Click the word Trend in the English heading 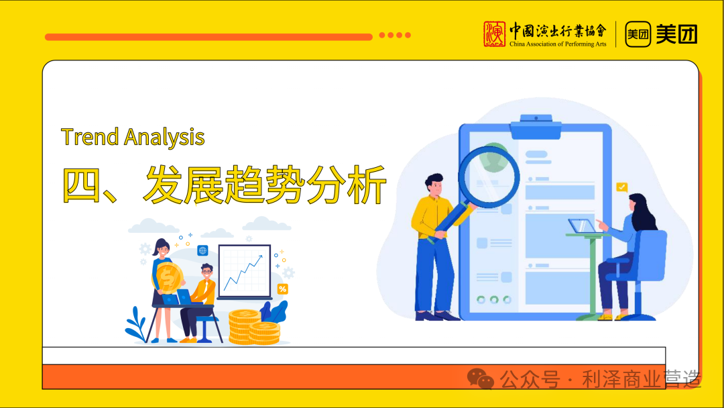coord(90,137)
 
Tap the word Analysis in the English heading coord(164,138)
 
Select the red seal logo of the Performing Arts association coord(495,34)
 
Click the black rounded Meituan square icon coord(638,34)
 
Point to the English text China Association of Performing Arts coord(557,44)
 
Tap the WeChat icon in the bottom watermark coord(481,379)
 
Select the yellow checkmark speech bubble coord(622,187)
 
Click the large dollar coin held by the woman coord(168,276)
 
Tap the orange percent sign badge coord(282,289)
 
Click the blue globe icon coord(202,250)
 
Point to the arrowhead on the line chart coord(260,256)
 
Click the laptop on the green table coord(580,226)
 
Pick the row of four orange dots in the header coord(395,36)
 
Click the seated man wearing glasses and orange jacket coord(202,295)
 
